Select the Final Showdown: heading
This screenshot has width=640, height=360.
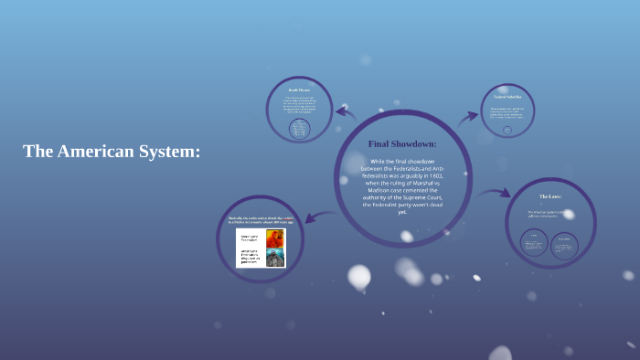pyautogui.click(x=402, y=143)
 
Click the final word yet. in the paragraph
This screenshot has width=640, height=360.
pyautogui.click(x=402, y=212)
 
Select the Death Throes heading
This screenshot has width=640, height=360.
pyautogui.click(x=299, y=90)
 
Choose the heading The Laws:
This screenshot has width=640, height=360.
pyautogui.click(x=550, y=196)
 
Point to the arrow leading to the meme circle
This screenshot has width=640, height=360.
pyautogui.click(x=315, y=217)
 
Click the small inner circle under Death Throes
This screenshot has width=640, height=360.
pyautogui.click(x=299, y=129)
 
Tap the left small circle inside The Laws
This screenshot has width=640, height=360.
pyautogui.click(x=534, y=242)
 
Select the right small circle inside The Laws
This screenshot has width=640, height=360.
pyautogui.click(x=564, y=242)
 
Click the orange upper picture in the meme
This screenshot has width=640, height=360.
pyautogui.click(x=274, y=238)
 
